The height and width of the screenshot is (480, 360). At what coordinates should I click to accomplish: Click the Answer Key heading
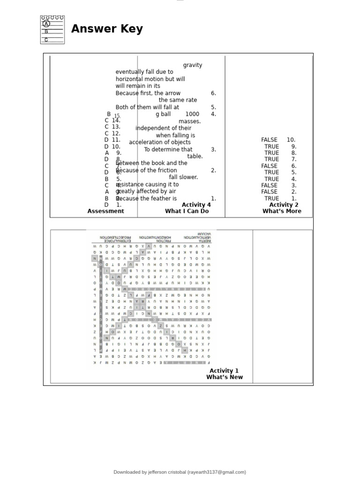[107, 29]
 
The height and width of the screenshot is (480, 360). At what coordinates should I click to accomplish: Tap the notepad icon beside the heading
[52, 30]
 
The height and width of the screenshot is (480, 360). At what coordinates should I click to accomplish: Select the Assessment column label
[106, 211]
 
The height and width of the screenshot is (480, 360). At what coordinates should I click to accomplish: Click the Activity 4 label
[196, 205]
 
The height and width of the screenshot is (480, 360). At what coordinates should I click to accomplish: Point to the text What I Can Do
[187, 211]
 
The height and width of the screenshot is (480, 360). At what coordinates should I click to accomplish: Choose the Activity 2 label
[284, 205]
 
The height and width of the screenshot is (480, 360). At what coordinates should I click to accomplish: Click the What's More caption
[282, 211]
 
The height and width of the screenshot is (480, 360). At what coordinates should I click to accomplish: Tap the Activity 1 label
[224, 371]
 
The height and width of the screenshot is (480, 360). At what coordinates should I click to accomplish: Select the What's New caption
[225, 377]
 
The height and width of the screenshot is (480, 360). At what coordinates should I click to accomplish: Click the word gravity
[193, 65]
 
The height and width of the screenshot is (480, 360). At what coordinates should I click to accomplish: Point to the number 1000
[192, 114]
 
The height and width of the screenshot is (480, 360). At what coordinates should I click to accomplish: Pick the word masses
[189, 121]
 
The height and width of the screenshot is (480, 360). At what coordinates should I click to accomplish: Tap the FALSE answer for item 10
[269, 140]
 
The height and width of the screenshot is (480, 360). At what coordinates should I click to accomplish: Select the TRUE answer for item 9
[271, 146]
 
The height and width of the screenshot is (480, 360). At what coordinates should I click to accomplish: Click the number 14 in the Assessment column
[116, 120]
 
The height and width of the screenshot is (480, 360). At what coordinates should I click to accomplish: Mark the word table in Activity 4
[195, 157]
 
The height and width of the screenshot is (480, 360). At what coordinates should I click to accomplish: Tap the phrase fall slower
[184, 177]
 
